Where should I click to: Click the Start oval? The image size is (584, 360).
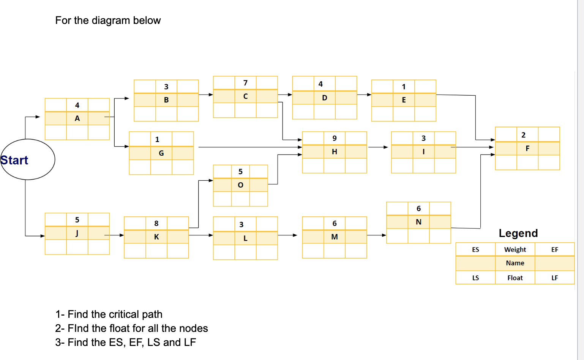click(27, 159)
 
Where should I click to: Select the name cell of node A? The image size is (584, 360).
click(77, 118)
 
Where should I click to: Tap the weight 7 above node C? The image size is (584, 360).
click(245, 83)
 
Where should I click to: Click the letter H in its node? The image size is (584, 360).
click(334, 152)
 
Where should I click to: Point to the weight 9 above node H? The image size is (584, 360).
click(334, 138)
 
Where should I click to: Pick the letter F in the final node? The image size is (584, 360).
click(527, 148)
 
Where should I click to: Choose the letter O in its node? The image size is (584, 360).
click(240, 185)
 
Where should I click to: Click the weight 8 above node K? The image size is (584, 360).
click(156, 223)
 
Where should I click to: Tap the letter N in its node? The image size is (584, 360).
click(418, 222)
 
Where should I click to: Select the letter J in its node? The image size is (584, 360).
click(77, 233)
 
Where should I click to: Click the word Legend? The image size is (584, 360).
click(518, 233)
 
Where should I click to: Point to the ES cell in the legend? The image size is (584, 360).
click(475, 249)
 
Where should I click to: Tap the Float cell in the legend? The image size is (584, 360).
click(515, 278)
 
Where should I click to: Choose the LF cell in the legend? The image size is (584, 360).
click(554, 278)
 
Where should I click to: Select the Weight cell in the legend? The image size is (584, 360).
click(515, 249)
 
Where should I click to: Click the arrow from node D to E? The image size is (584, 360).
click(364, 95)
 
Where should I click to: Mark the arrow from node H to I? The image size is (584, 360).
click(378, 147)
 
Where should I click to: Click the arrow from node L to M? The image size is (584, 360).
click(287, 235)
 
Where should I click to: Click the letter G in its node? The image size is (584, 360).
click(161, 153)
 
